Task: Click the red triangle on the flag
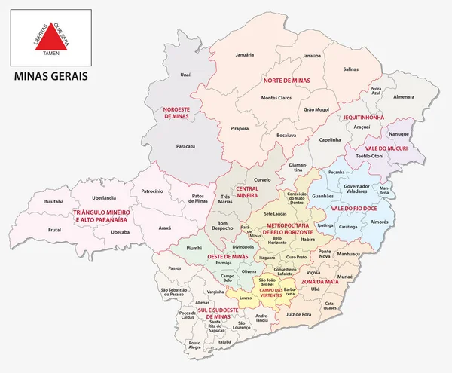pos(50,37)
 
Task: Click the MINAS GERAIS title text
pos(51,77)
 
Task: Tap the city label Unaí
pos(186,75)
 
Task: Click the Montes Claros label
pos(276,98)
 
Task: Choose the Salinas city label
pos(351,69)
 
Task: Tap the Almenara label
pos(403,97)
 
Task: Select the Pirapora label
pos(240,128)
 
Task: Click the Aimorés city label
pos(400,222)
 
